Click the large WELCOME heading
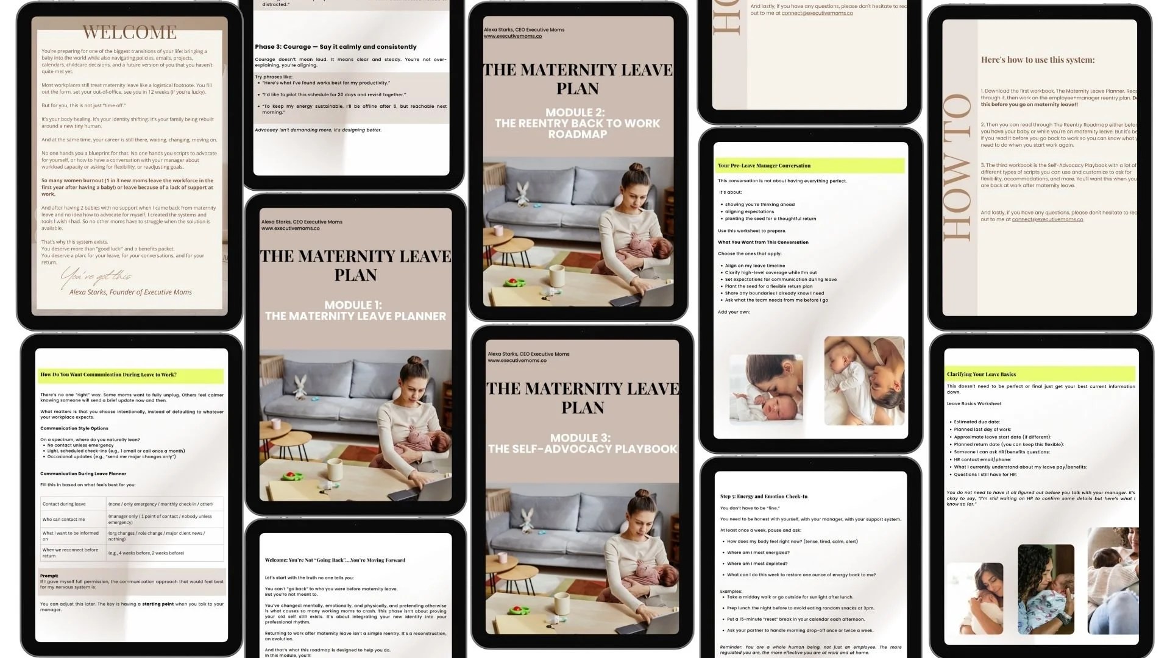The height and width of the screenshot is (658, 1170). [x=130, y=32]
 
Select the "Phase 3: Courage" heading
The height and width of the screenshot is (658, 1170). [x=335, y=47]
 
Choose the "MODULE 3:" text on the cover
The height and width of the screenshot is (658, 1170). [x=580, y=437]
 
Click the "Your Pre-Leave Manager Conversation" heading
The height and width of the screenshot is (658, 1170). [x=764, y=166]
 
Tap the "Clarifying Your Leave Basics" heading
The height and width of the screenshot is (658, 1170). [x=981, y=374]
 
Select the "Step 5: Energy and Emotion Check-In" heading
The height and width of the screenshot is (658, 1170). [x=764, y=497]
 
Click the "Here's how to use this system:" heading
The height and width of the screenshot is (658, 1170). [x=1037, y=60]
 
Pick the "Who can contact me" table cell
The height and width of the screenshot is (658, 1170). [x=64, y=520]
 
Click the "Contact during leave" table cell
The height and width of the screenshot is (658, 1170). [x=64, y=504]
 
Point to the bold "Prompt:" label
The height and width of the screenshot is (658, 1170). [x=49, y=575]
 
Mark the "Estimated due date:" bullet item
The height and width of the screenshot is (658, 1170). [x=976, y=422]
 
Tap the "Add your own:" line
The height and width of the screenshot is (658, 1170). [x=734, y=312]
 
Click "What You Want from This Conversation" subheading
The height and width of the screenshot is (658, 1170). [x=763, y=242]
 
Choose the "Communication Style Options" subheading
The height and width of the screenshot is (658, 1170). [x=74, y=428]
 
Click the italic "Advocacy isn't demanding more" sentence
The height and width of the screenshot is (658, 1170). [x=317, y=130]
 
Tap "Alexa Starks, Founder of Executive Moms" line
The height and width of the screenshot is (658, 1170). [x=130, y=292]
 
